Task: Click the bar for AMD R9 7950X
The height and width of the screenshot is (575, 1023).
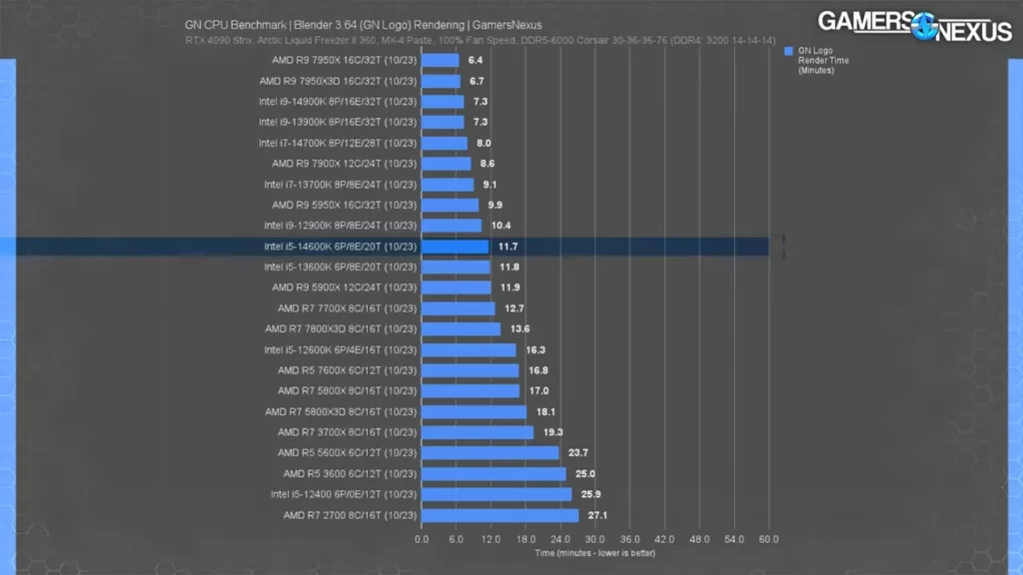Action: tap(440, 60)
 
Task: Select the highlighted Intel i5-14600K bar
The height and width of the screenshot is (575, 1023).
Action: tap(455, 247)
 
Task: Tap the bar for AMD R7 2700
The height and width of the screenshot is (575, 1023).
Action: tap(500, 515)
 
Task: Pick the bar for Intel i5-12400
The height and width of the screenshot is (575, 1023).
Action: tap(497, 494)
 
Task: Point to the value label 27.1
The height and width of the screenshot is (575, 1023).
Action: tap(598, 515)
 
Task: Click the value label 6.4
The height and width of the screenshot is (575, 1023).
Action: tap(476, 60)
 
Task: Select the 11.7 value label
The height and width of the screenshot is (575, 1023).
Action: tap(508, 247)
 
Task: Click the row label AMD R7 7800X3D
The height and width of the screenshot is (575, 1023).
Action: tap(340, 329)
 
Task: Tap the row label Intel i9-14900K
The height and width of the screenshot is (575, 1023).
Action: tap(338, 102)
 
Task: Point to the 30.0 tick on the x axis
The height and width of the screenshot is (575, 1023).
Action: tap(595, 539)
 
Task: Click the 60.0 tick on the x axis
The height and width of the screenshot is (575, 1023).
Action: tap(768, 539)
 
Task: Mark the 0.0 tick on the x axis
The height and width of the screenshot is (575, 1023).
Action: tap(422, 539)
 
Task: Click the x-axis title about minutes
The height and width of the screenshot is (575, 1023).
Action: tap(593, 552)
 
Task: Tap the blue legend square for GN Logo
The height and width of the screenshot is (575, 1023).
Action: tap(789, 50)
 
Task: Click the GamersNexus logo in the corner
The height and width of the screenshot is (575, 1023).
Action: tap(914, 25)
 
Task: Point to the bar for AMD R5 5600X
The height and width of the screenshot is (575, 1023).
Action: tap(490, 452)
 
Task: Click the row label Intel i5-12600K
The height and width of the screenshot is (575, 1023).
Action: tap(340, 349)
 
